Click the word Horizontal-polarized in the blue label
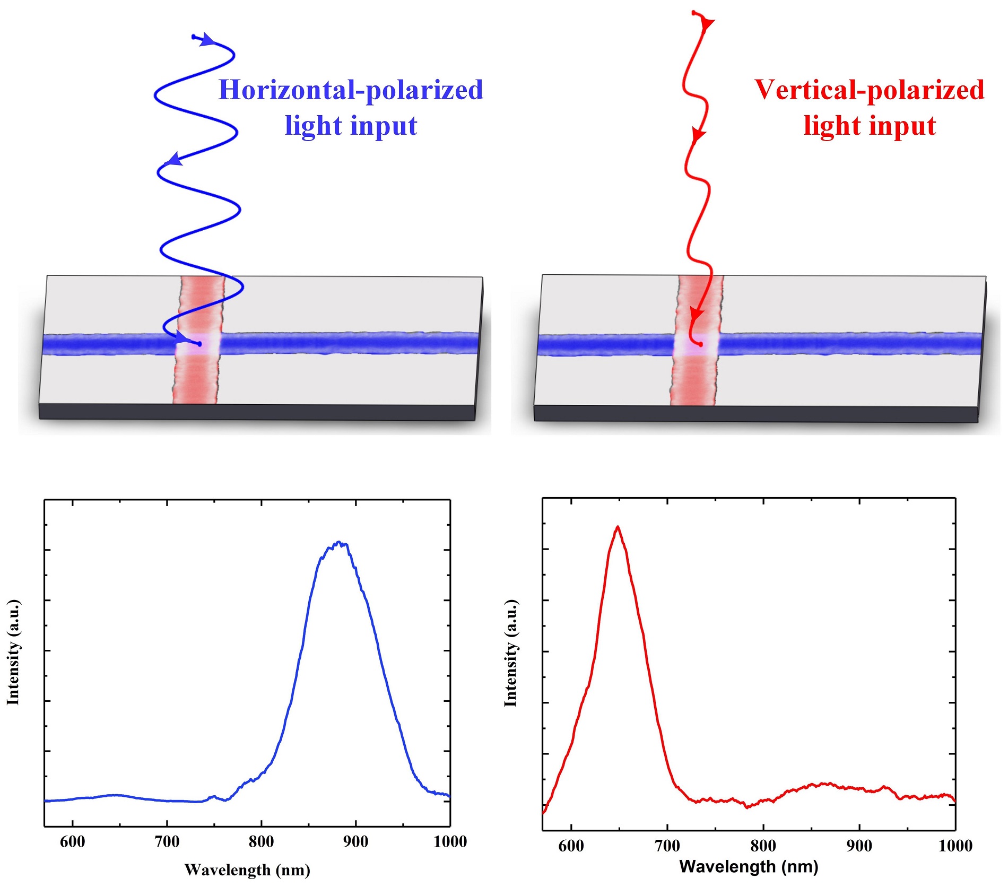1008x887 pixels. pyautogui.click(x=351, y=90)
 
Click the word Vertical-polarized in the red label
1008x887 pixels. pyautogui.click(x=869, y=90)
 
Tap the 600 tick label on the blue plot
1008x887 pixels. pyautogui.click(x=73, y=841)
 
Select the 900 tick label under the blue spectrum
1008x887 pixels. pyautogui.click(x=355, y=841)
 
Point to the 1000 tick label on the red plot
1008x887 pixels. pyautogui.click(x=955, y=846)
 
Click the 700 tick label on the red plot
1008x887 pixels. pyautogui.click(x=667, y=846)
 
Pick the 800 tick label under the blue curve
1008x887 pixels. pyautogui.click(x=261, y=841)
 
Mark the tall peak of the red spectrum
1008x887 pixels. pyautogui.click(x=618, y=527)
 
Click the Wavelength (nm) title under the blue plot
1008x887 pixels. pyautogui.click(x=247, y=870)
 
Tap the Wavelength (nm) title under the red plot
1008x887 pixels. pyautogui.click(x=749, y=867)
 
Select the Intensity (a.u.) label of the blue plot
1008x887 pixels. pyautogui.click(x=13, y=653)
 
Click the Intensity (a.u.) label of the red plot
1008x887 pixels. pyautogui.click(x=510, y=654)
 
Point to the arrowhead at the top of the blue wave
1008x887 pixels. pyautogui.click(x=207, y=40)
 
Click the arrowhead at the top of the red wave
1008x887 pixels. pyautogui.click(x=707, y=24)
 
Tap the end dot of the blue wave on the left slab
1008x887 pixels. pyautogui.click(x=199, y=344)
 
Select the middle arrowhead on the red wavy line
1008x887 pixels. pyautogui.click(x=698, y=135)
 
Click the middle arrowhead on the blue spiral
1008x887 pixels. pyautogui.click(x=173, y=159)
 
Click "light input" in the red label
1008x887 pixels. pyautogui.click(x=869, y=126)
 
